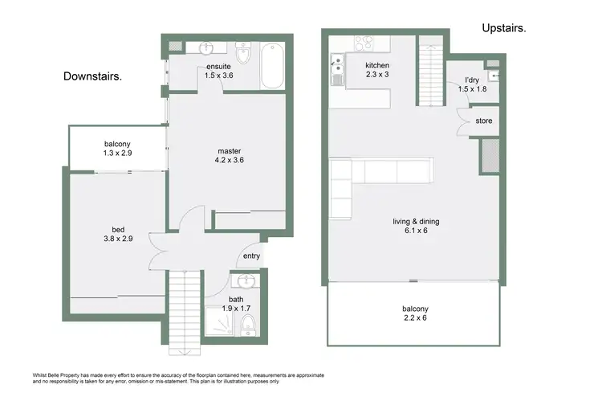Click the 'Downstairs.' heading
(92, 77)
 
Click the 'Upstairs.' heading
(504, 28)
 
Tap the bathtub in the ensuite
(272, 67)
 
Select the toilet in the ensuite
(243, 57)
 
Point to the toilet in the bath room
(248, 323)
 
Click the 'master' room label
(230, 150)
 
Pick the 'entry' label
(252, 256)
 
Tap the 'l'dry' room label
(473, 80)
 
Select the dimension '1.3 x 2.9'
(117, 153)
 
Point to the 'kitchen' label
(377, 65)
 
